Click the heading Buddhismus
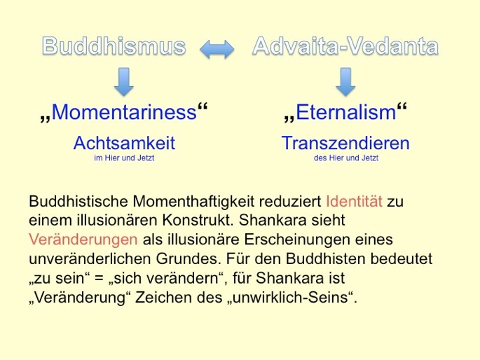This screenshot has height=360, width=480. pos(114,46)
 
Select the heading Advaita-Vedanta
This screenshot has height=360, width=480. pos(345,46)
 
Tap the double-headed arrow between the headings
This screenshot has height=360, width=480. pos(217,49)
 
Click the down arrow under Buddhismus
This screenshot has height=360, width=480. pos(124,82)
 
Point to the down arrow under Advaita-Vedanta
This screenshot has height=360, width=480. pos(345,82)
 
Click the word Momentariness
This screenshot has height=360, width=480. pos(124,112)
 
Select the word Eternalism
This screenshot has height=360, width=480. pos(346,112)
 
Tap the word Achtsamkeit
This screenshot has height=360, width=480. pos(124,143)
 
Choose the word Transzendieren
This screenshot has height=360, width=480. pos(345,143)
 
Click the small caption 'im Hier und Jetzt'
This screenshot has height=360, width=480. pos(124,158)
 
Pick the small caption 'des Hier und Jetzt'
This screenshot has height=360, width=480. pos(346,158)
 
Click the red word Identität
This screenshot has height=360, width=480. pos(354,201)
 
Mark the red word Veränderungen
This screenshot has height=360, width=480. pos(83,240)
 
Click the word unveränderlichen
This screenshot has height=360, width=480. pos(90,258)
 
